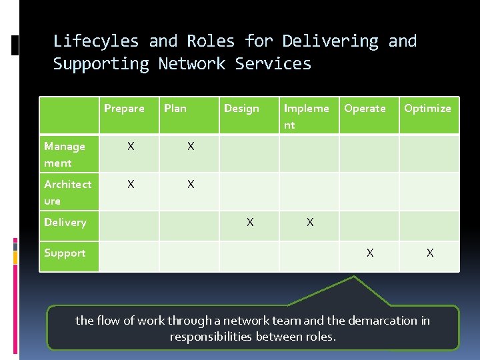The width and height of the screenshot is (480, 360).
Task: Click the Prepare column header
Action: (x=124, y=108)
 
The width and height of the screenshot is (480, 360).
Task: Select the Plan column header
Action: (x=175, y=108)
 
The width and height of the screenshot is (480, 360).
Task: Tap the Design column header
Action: (x=241, y=108)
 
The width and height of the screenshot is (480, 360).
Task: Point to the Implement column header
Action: (x=306, y=116)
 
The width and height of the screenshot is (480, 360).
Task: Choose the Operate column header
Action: (x=365, y=108)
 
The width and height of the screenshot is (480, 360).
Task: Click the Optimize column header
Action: (x=427, y=108)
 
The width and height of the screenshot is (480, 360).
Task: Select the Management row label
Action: (x=65, y=154)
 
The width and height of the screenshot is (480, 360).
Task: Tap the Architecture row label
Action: (x=67, y=192)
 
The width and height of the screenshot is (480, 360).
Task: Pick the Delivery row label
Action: (x=65, y=222)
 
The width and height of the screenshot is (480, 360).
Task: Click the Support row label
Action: (x=65, y=253)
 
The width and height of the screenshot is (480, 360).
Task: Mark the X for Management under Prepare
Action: (x=131, y=146)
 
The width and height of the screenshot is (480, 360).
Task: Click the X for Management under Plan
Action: (x=191, y=146)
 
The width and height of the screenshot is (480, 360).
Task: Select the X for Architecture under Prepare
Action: (x=131, y=184)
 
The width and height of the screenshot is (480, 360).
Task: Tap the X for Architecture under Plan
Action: (x=191, y=184)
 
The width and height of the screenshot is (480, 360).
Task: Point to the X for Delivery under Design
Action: (x=250, y=223)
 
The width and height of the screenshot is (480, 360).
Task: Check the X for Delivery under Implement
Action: (x=310, y=223)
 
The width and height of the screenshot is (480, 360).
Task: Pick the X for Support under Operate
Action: (x=370, y=253)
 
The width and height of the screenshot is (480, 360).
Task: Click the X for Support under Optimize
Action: (x=430, y=253)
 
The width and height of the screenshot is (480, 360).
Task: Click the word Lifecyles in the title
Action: (x=96, y=41)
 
